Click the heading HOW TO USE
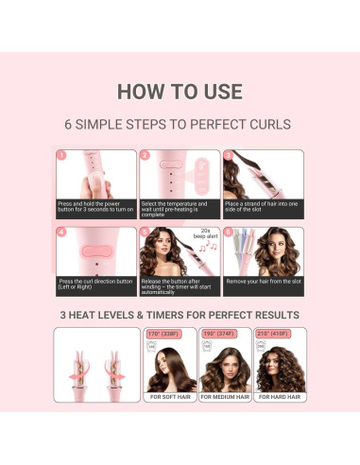(x=180, y=92)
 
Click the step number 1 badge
(x=61, y=155)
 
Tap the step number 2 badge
(x=145, y=155)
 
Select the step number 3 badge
(x=228, y=155)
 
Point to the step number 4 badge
(x=61, y=232)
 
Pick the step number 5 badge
(x=145, y=232)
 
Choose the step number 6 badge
(x=228, y=232)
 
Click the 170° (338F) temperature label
(x=166, y=334)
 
